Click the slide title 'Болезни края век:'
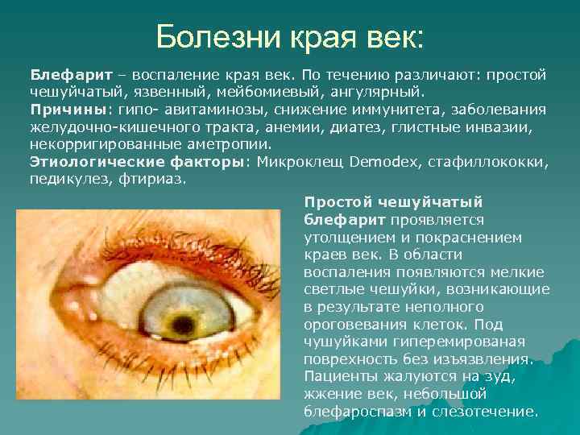289,36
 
